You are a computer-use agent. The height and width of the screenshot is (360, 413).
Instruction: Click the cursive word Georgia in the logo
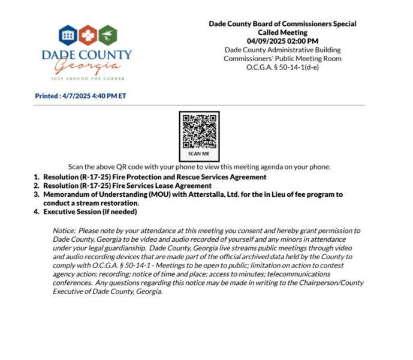click(86, 65)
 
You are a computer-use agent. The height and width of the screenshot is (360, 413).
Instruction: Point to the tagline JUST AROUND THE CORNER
click(86, 79)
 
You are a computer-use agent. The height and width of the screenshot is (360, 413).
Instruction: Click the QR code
click(199, 131)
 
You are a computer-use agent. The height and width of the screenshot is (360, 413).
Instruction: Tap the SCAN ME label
click(199, 154)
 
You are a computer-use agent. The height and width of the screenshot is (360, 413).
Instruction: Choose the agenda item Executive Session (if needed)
click(88, 212)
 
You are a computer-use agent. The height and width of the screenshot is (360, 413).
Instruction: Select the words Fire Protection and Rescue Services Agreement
click(189, 177)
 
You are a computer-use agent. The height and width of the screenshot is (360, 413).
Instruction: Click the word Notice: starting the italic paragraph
click(66, 231)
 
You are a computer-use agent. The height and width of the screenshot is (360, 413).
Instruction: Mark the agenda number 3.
click(37, 194)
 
